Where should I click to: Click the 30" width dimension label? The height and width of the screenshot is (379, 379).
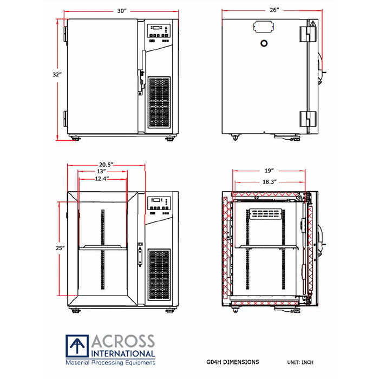tap(121, 11)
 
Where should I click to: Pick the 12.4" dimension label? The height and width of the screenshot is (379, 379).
tap(102, 179)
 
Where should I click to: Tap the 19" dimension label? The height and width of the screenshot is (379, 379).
tap(269, 169)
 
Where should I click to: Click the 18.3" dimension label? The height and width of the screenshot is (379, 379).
tap(269, 182)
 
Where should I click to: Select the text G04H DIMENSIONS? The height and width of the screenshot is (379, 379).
tap(233, 362)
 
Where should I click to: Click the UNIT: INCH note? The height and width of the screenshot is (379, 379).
tap(299, 362)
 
